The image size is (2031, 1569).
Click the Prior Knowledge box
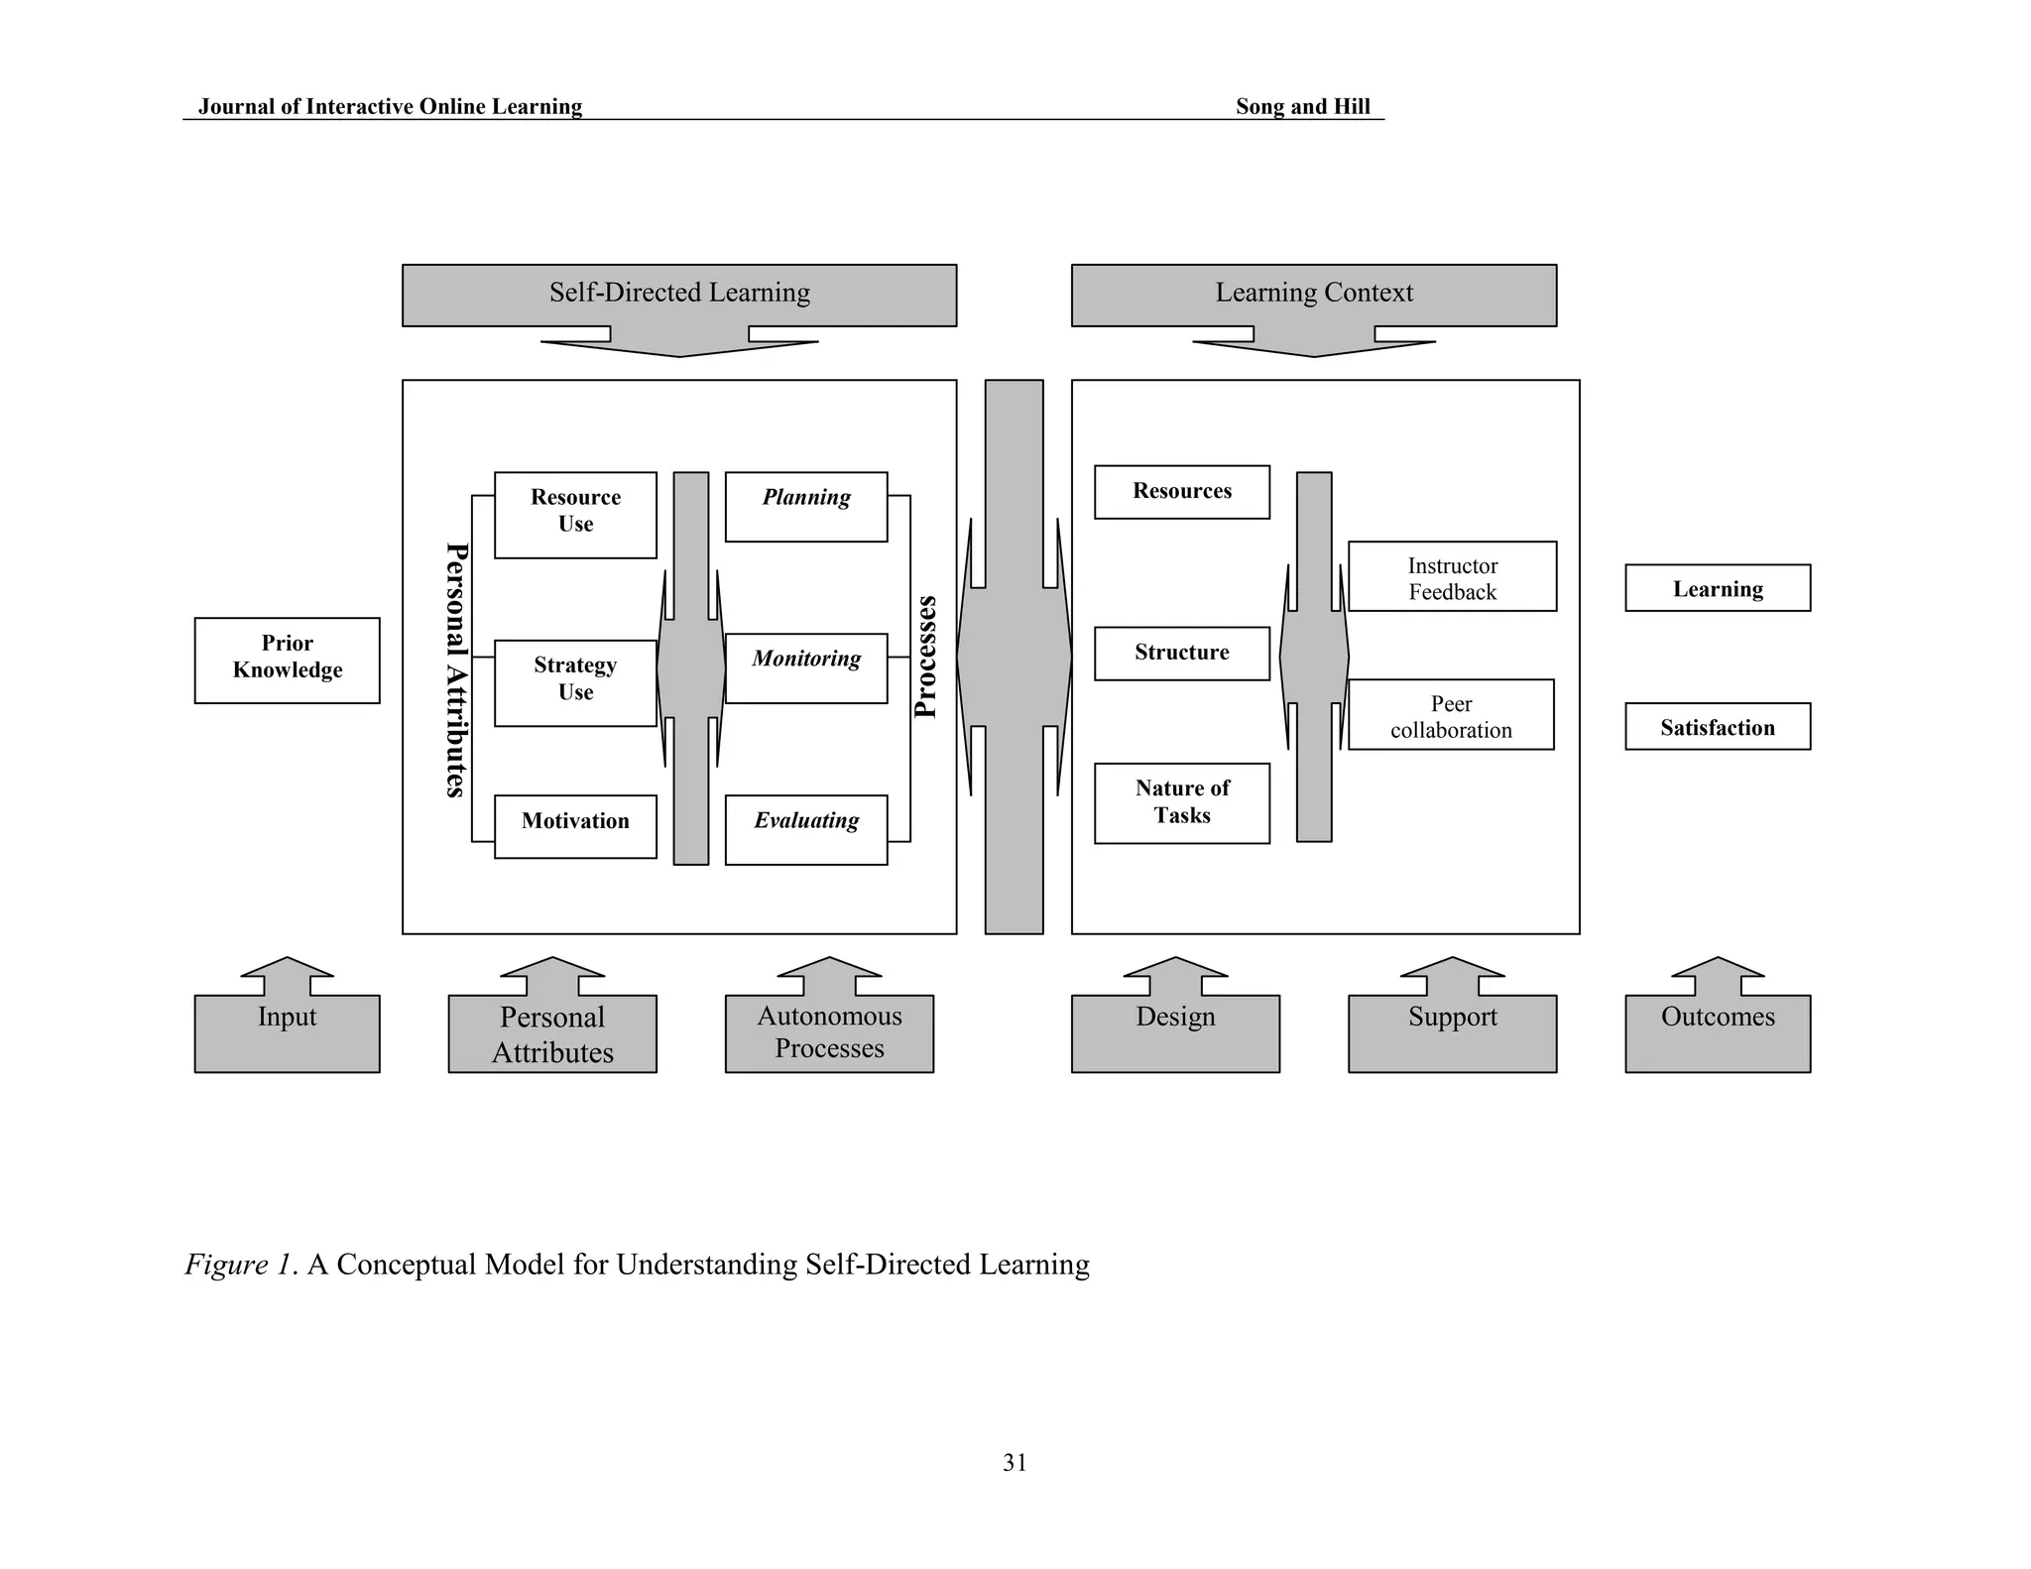click(x=287, y=660)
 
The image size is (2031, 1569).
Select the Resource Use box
click(x=575, y=514)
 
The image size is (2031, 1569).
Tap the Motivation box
click(x=575, y=825)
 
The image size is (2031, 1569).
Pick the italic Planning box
click(x=805, y=506)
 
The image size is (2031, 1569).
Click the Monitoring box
click(x=805, y=667)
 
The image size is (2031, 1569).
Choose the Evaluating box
click(x=805, y=829)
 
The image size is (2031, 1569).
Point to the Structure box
click(x=1181, y=653)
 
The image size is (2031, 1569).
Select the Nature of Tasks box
click(x=1181, y=802)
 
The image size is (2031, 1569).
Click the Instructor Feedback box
click(x=1452, y=576)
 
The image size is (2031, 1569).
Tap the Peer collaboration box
click(x=1450, y=714)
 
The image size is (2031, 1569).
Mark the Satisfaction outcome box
click(x=1717, y=726)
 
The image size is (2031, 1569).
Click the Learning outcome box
click(x=1717, y=587)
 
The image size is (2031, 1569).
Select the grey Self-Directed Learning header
click(x=679, y=294)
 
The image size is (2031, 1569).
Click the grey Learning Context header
click(x=1313, y=294)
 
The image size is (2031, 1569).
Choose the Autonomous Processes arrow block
click(x=829, y=1031)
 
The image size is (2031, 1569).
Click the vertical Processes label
click(x=924, y=657)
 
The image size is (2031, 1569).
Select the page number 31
click(x=1015, y=1462)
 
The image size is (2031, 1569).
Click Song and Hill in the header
click(x=1302, y=106)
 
